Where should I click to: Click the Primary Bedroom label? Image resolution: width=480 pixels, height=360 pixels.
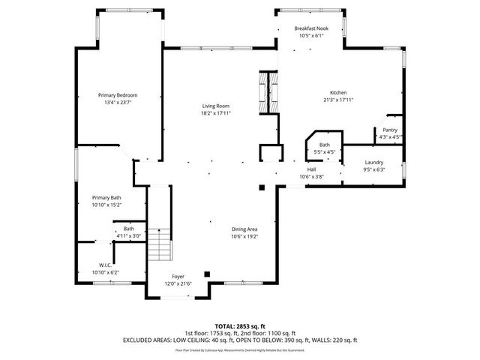click(121, 95)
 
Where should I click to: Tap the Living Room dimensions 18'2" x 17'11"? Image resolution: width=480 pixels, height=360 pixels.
click(215, 113)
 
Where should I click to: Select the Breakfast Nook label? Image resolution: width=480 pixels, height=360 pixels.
click(311, 28)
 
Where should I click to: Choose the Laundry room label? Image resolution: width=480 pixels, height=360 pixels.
click(374, 163)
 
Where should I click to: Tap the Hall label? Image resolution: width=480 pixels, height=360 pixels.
click(310, 169)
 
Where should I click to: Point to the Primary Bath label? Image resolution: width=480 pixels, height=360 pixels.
click(106, 197)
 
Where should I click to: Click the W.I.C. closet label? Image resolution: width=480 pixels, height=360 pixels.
click(105, 265)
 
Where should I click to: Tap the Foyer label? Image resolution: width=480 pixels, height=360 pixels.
click(178, 277)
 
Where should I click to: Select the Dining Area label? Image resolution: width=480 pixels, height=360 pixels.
click(244, 229)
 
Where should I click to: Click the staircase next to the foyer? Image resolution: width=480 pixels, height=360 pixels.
click(159, 244)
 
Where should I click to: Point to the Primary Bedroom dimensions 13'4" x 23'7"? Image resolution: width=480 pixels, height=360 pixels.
click(121, 103)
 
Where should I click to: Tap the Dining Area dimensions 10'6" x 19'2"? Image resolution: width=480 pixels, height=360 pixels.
click(244, 237)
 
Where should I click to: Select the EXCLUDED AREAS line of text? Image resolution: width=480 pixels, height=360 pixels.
click(239, 340)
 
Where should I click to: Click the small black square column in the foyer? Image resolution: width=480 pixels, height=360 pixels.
click(208, 274)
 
